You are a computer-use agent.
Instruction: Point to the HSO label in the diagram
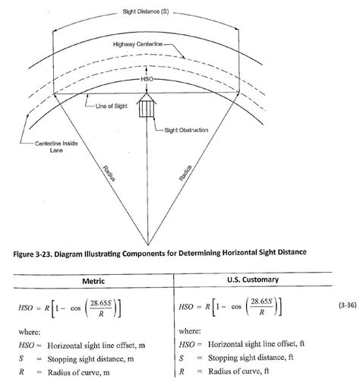(147, 78)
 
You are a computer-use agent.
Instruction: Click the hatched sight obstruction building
(147, 106)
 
